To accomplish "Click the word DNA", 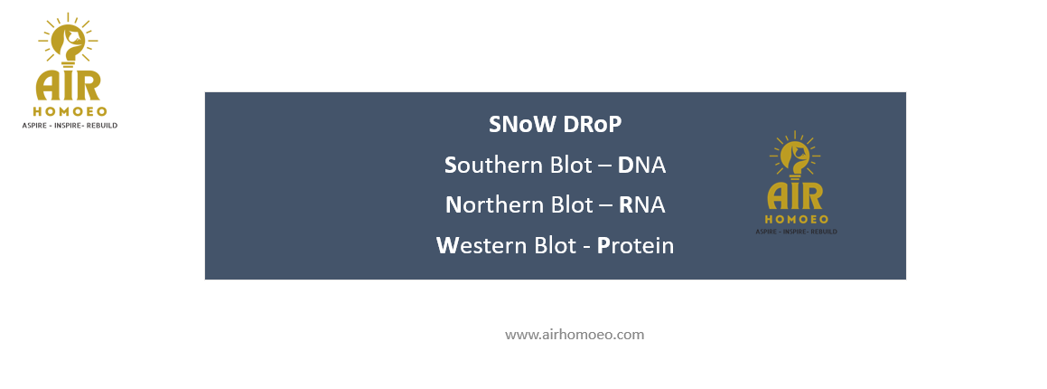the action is click(641, 165).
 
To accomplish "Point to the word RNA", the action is click(642, 205).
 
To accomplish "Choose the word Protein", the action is click(635, 245).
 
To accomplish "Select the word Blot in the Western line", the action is click(555, 245).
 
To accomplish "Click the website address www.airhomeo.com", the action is click(575, 335).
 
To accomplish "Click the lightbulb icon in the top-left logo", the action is click(68, 40).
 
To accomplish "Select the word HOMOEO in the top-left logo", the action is click(70, 111).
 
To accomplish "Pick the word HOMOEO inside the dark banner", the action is click(796, 219).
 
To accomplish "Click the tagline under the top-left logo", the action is click(70, 126).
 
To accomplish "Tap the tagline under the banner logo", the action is click(796, 232).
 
